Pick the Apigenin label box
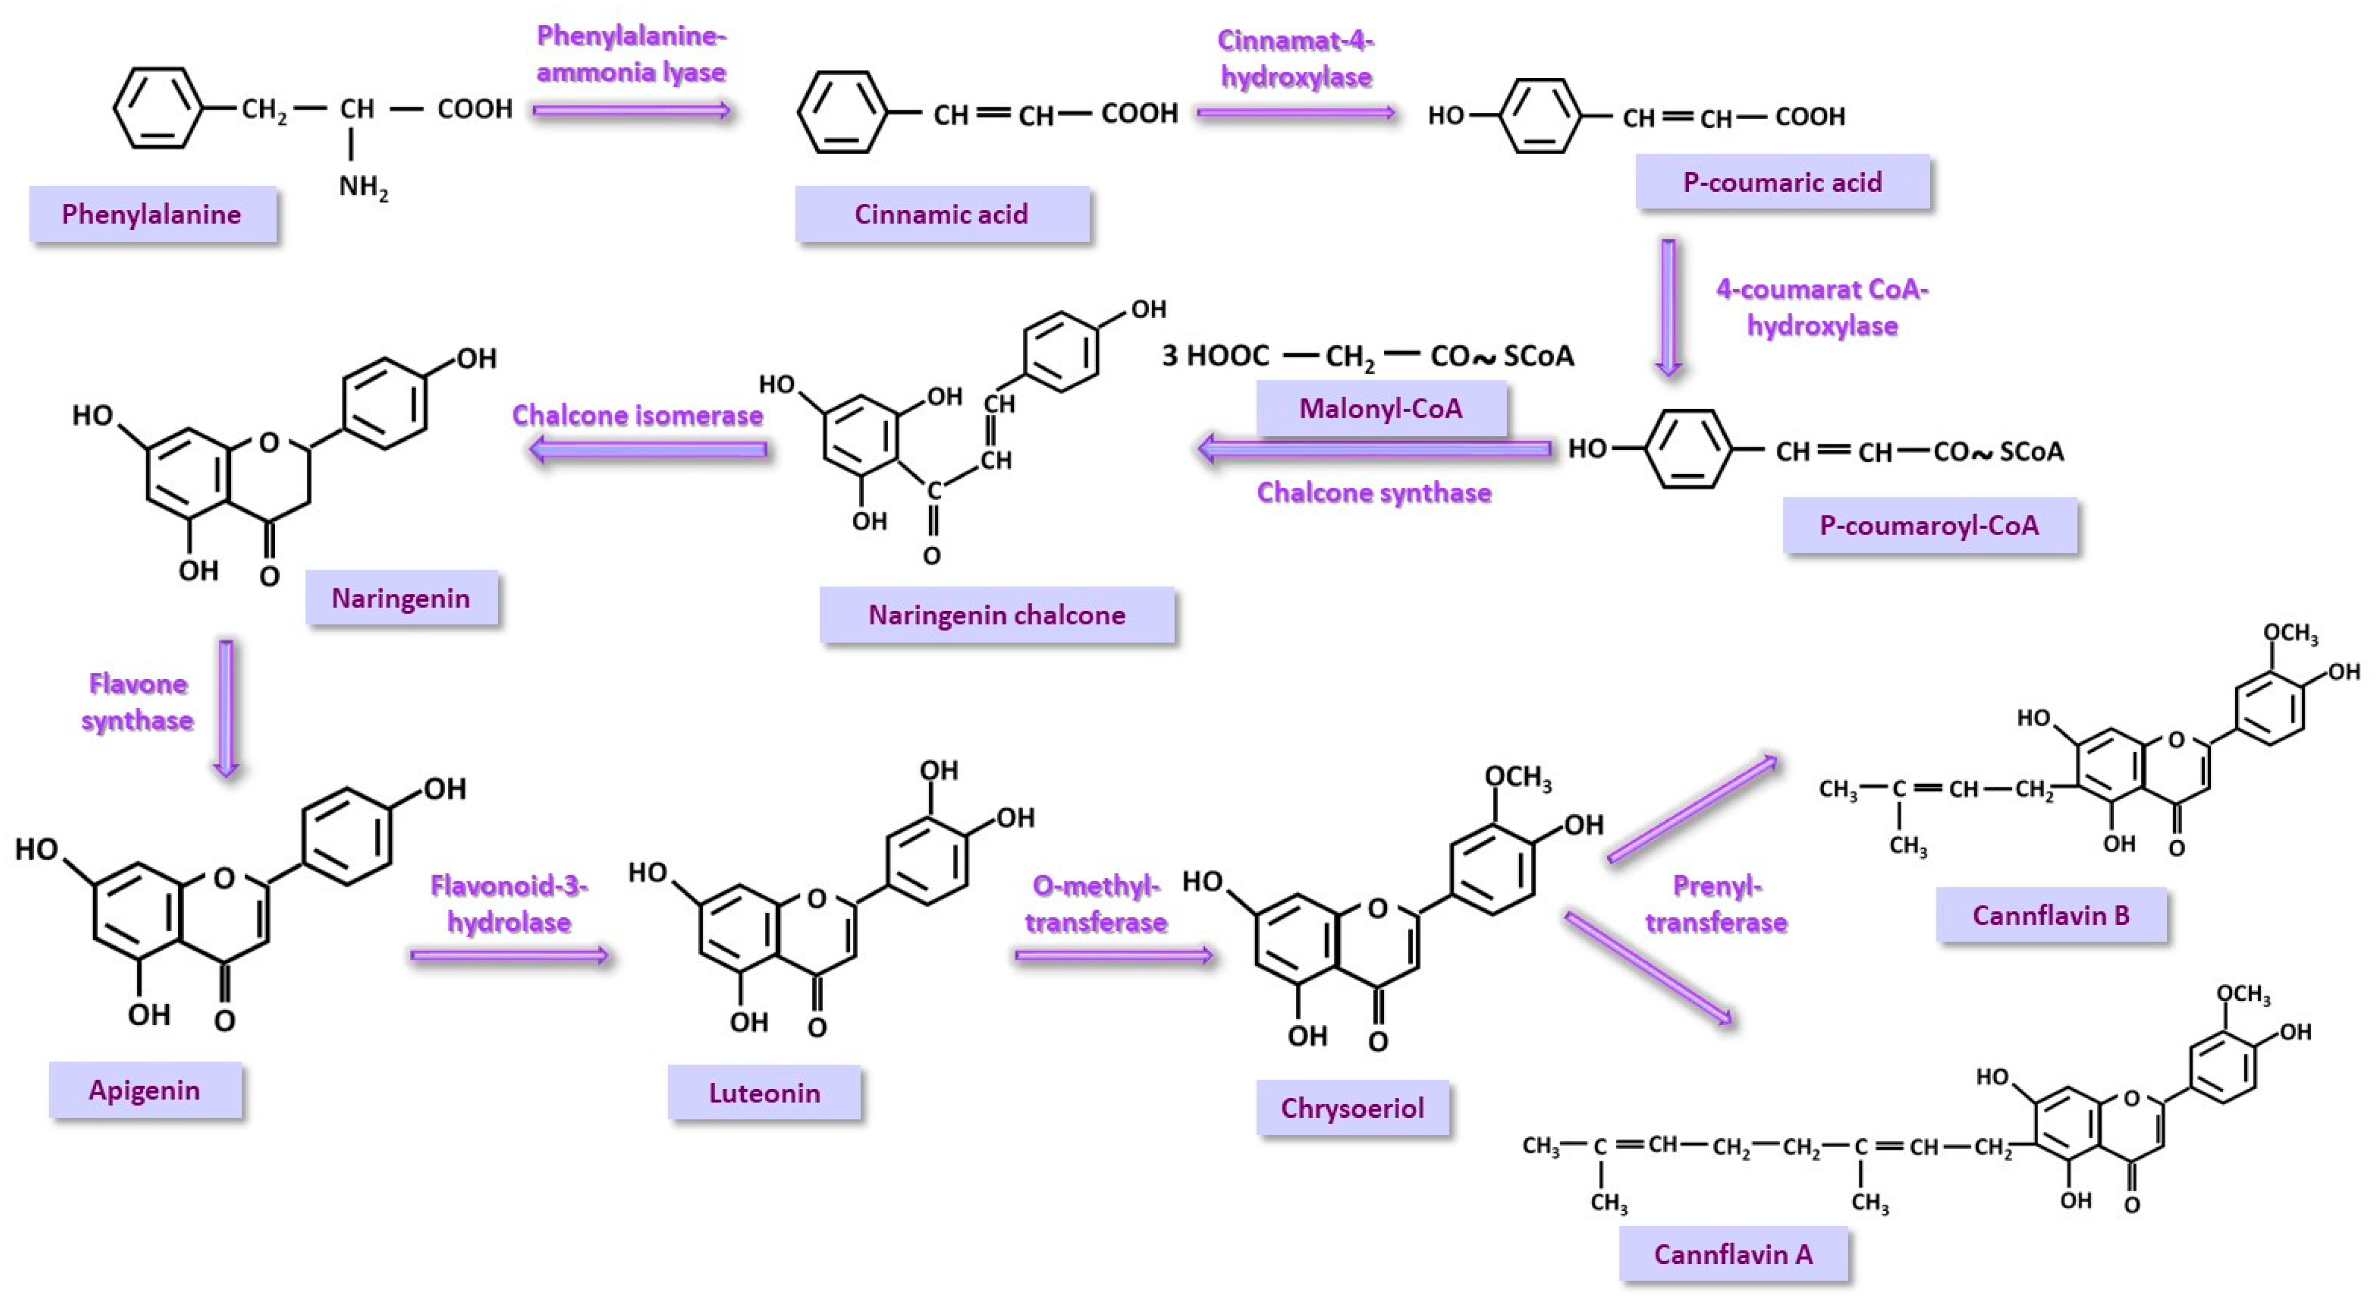pyautogui.click(x=145, y=1090)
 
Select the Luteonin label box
pyautogui.click(x=764, y=1093)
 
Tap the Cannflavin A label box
pyautogui.click(x=1733, y=1254)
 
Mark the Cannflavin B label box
pyautogui.click(x=2051, y=915)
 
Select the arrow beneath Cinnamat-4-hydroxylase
pyautogui.click(x=1295, y=113)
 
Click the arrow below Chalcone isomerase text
pyautogui.click(x=648, y=450)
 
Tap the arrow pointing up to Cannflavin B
pyautogui.click(x=1693, y=809)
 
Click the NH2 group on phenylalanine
pyautogui.click(x=363, y=187)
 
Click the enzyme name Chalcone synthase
pyautogui.click(x=1374, y=493)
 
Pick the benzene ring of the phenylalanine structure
pyautogui.click(x=158, y=108)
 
